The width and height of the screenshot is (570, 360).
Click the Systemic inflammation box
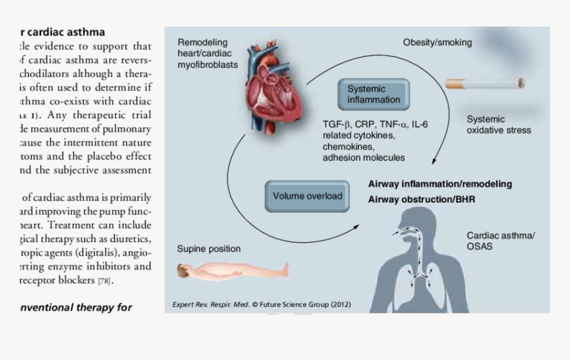[x=374, y=94]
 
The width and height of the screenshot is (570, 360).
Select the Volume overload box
[x=308, y=196]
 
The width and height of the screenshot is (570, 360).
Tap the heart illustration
[x=272, y=89]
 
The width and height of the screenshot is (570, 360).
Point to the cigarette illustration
[x=484, y=84]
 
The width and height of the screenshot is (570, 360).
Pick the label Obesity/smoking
[x=437, y=42]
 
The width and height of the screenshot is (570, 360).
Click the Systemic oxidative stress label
[x=498, y=125]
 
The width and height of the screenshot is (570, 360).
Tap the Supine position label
[x=209, y=249]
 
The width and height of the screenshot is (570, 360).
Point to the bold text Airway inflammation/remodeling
[x=440, y=184]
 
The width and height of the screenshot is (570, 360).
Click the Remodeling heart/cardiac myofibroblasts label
[x=207, y=54]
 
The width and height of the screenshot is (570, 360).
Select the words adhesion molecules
[x=364, y=158]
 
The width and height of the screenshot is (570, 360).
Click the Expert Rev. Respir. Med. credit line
[x=262, y=305]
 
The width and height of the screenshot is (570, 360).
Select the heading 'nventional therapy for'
[x=76, y=307]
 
